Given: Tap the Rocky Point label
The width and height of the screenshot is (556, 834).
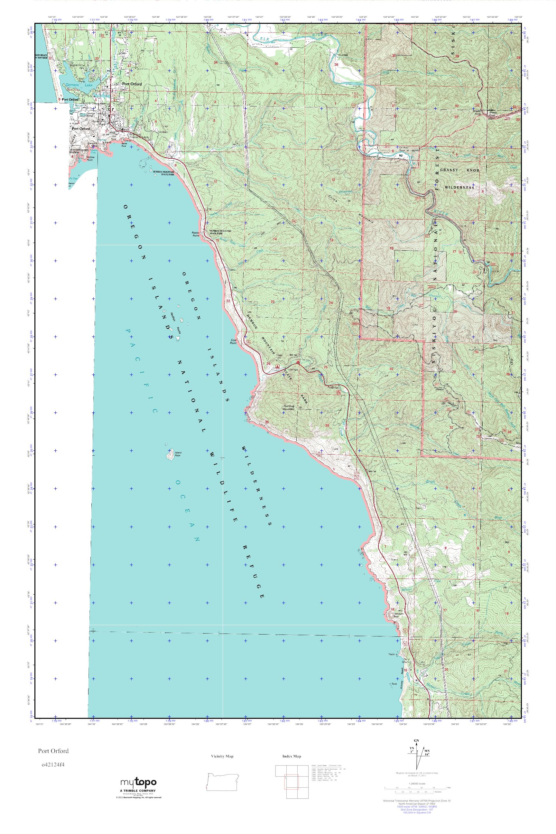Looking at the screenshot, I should [196, 234].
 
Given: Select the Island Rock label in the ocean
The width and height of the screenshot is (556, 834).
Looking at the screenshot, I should [178, 454].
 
